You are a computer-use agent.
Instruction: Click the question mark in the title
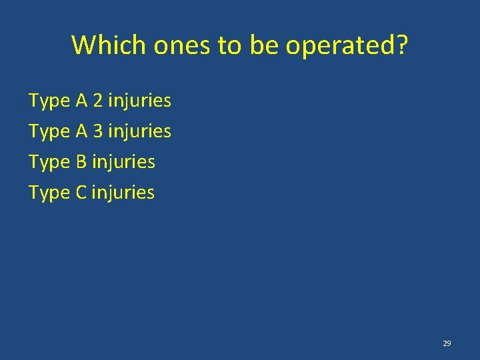(401, 45)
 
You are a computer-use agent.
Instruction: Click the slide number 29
(447, 343)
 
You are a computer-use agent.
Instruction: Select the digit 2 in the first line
(98, 101)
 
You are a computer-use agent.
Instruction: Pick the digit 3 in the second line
(98, 132)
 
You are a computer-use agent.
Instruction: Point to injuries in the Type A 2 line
(139, 101)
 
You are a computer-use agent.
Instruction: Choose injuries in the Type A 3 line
(139, 132)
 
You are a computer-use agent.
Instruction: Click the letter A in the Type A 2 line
(82, 101)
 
